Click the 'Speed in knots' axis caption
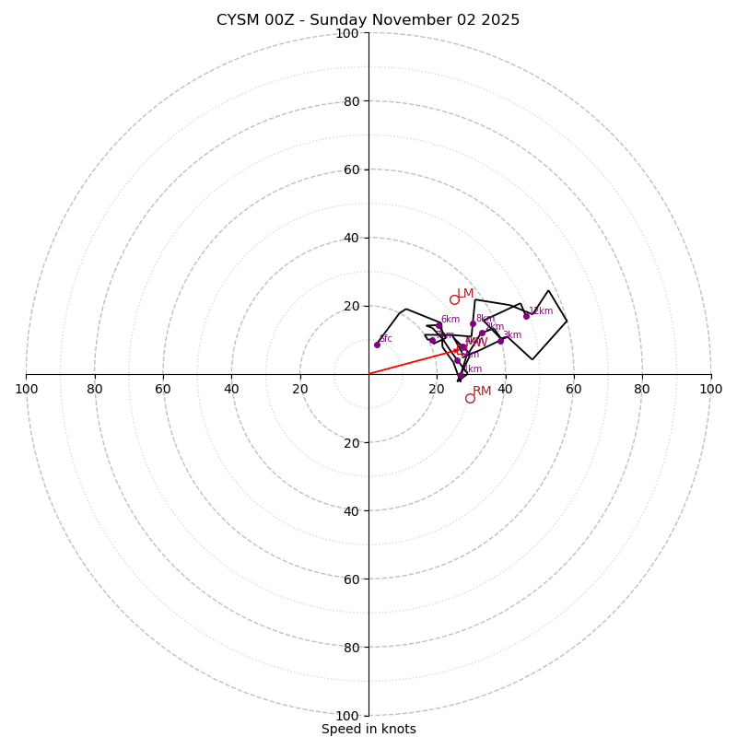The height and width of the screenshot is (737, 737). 368,729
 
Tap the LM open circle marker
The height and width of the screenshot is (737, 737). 454,299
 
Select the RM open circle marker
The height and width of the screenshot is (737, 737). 470,398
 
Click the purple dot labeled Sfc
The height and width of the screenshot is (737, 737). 377,345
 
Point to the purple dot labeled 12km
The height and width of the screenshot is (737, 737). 527,316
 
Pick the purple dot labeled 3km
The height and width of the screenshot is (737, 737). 501,341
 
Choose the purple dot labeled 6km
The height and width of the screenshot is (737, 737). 439,325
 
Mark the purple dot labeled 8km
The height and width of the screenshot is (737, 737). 473,323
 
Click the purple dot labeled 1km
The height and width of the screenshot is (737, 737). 460,376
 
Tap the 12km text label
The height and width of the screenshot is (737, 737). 541,311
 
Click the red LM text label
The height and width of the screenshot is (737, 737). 465,294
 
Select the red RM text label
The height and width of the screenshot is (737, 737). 482,392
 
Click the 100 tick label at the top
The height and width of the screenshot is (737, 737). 347,33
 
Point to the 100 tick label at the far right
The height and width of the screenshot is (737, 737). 710,389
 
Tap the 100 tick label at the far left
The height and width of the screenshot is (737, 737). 27,389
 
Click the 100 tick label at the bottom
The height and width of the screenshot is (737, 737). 347,716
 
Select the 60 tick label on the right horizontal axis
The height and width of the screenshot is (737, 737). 574,389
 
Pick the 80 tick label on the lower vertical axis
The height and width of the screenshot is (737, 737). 350,648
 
